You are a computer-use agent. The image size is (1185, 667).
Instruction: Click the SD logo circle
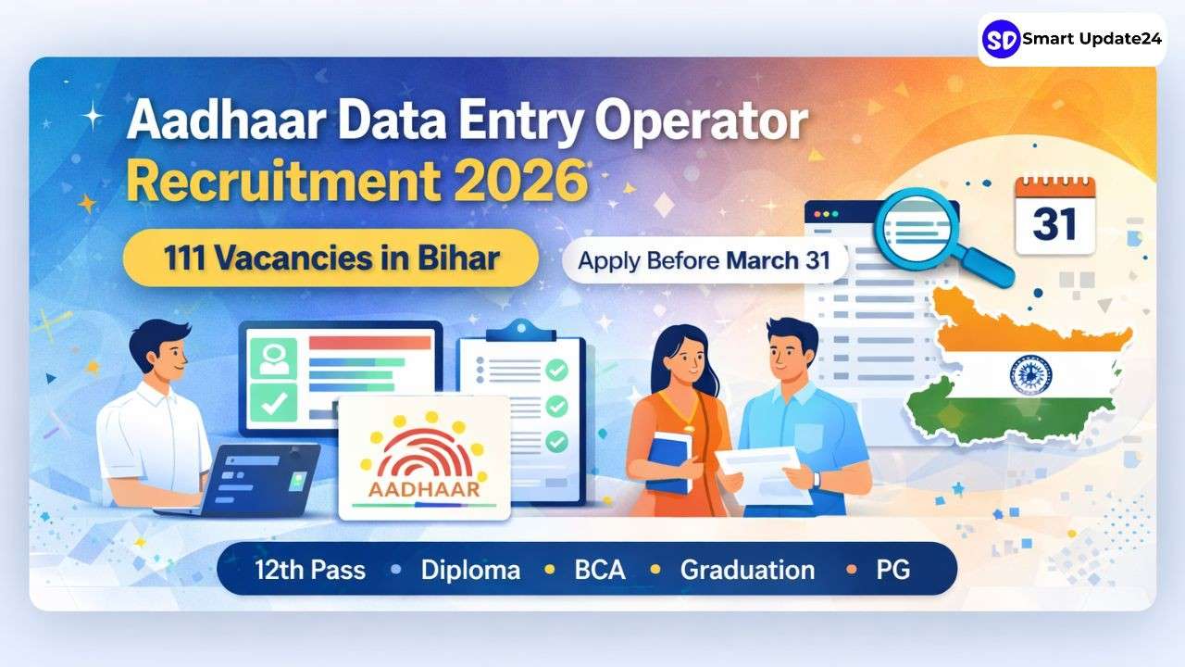tap(1001, 39)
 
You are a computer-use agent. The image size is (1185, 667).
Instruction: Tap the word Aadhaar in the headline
tap(226, 121)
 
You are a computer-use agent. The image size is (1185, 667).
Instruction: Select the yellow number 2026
tap(520, 180)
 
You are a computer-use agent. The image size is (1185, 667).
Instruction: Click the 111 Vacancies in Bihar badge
tap(331, 258)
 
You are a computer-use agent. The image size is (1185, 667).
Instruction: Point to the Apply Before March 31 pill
tap(705, 260)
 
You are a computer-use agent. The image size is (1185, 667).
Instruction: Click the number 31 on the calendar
tap(1054, 224)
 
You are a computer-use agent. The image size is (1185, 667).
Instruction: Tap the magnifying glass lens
tap(917, 229)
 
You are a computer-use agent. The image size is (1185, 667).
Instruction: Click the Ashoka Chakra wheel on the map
tap(1030, 375)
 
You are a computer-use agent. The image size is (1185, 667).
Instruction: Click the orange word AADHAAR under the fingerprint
tap(424, 489)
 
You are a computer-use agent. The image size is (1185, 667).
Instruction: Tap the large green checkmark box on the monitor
tap(273, 403)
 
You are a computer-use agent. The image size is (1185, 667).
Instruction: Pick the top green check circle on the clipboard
tap(556, 370)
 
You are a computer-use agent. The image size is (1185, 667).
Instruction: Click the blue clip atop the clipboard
tap(521, 331)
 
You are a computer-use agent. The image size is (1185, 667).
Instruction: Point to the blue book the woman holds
tap(669, 462)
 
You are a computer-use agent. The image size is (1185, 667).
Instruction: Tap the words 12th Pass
tap(310, 570)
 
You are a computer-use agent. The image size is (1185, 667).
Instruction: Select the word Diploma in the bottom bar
tap(470, 570)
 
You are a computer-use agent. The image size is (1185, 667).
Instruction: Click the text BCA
tap(600, 570)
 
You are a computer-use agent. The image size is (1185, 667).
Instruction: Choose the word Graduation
tap(747, 570)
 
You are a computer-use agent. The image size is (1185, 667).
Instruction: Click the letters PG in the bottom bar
tap(893, 570)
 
